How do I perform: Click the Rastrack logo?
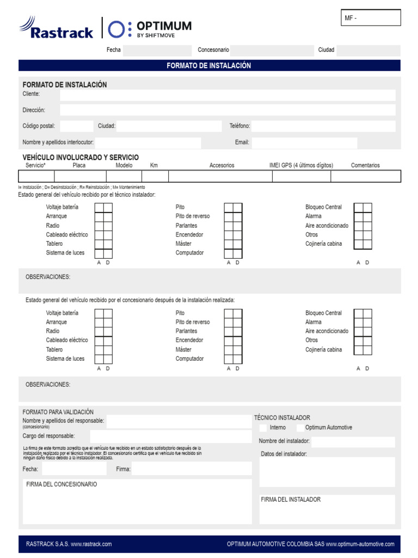pos(57,28)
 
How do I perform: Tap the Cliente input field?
pos(228,95)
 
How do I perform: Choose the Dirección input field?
pos(228,110)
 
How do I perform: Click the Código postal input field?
pos(76,126)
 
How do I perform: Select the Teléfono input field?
pos(323,126)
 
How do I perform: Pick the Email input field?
pos(304,143)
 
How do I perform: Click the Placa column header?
pos(79,166)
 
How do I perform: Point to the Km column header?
pos(154,166)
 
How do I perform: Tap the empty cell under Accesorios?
pos(222,176)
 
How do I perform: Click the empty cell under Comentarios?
pos(365,176)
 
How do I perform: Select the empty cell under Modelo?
pos(124,176)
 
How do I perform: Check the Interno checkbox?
pos(263,428)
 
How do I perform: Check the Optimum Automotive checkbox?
pos(299,428)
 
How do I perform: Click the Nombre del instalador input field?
pos(353,441)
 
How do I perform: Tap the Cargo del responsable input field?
pos(170,436)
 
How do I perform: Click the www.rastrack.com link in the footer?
pos(91,544)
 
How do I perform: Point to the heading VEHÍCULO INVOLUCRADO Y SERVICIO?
pos(81,157)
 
